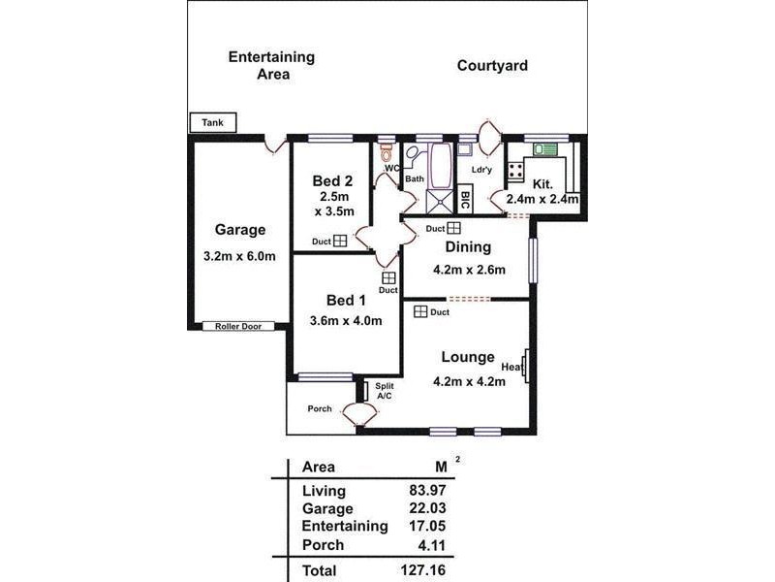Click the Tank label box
click(x=212, y=123)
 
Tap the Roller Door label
click(x=238, y=327)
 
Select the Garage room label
click(x=240, y=230)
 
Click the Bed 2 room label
click(x=332, y=180)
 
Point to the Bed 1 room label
click(x=346, y=299)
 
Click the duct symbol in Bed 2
click(x=340, y=242)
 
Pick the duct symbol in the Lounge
click(x=421, y=311)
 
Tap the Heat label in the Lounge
click(x=511, y=368)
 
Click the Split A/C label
click(x=384, y=391)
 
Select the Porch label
click(x=320, y=408)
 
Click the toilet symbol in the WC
click(x=387, y=154)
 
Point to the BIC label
click(x=465, y=201)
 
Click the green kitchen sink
click(x=545, y=149)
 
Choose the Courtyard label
click(x=492, y=66)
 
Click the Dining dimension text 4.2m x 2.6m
click(x=469, y=270)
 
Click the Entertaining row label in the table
click(x=345, y=527)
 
